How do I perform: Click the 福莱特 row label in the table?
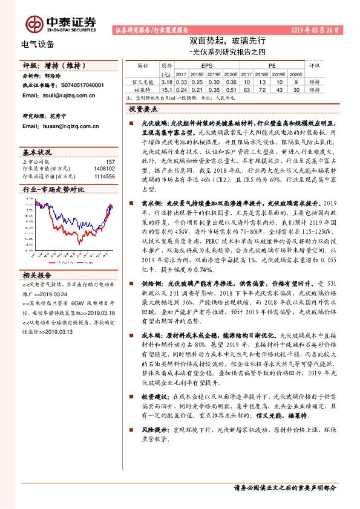(143, 88)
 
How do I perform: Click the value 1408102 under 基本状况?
(102, 169)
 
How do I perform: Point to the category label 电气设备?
(38, 44)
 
